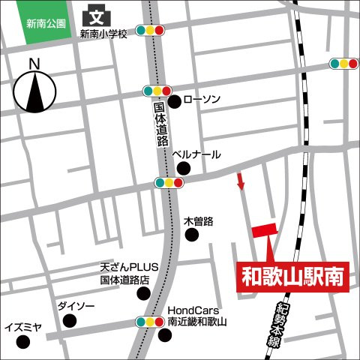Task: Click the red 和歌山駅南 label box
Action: [x=293, y=276]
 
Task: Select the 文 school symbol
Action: [x=96, y=15]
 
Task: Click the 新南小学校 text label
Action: [x=104, y=34]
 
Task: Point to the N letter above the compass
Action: [x=33, y=64]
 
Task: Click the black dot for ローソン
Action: [x=173, y=101]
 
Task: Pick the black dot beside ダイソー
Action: [x=70, y=321]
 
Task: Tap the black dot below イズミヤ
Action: [x=24, y=343]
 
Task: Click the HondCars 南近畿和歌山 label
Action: [x=197, y=316]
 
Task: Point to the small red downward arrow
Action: [x=241, y=181]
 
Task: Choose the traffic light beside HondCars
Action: [x=150, y=322]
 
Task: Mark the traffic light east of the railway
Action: [x=343, y=64]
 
